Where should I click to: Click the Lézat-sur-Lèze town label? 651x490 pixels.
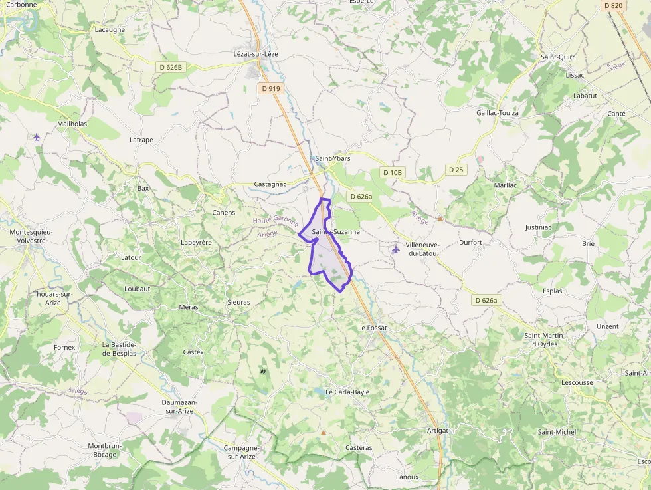tap(255, 54)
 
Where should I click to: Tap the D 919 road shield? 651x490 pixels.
tap(271, 88)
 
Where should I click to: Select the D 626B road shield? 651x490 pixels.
tap(171, 67)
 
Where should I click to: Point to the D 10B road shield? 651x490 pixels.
tap(393, 172)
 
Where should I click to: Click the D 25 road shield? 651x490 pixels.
tap(456, 170)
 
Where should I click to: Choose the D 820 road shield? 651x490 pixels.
tap(614, 5)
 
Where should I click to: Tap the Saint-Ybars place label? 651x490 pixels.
tap(333, 158)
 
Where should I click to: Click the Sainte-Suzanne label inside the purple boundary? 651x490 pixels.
tap(336, 232)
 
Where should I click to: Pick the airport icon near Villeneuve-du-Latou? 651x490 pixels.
tap(396, 249)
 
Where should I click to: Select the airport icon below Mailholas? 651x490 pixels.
tap(36, 137)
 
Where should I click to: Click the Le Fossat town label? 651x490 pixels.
tap(372, 328)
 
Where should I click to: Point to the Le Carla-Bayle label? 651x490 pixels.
tap(347, 392)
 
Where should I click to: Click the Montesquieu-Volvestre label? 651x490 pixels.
tap(31, 236)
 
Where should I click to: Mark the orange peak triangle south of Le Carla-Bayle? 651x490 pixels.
tap(324, 432)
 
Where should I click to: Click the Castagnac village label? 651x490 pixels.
tap(270, 184)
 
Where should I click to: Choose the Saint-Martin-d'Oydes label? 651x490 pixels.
tap(545, 340)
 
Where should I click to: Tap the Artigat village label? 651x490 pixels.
tap(438, 431)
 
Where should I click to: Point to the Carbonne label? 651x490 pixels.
tap(21, 4)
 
